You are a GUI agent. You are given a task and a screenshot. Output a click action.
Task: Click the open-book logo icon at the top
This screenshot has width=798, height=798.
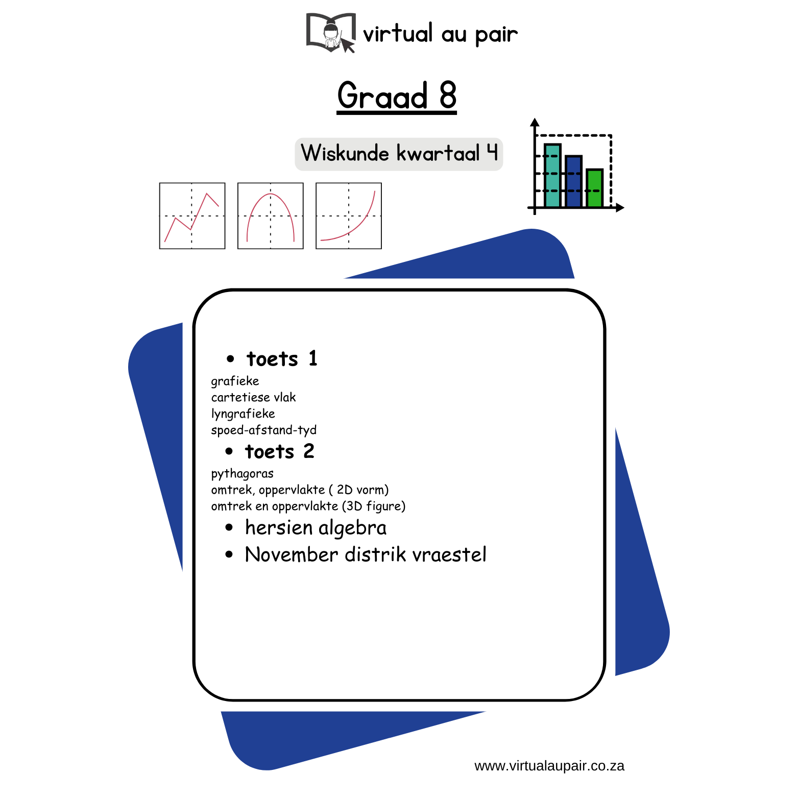331,33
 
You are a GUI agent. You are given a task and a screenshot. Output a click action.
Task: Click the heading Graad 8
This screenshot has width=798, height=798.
397,95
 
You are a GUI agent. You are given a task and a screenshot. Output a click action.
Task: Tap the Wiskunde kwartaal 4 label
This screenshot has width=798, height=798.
399,153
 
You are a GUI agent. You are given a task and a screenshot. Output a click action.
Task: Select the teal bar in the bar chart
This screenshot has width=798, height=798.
552,176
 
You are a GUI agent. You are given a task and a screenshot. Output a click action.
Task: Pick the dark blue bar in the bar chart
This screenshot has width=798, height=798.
573,181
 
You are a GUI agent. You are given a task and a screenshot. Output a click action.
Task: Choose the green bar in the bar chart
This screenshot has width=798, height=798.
594,188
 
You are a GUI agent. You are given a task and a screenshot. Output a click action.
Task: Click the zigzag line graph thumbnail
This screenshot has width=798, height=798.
192,216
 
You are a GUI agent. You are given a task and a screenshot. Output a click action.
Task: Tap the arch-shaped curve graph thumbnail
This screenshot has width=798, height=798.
271,216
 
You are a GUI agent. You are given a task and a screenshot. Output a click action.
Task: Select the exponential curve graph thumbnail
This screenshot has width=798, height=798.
349,216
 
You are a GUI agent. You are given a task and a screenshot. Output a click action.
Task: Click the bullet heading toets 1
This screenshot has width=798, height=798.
282,358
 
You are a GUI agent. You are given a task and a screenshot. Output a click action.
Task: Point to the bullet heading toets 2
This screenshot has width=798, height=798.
280,451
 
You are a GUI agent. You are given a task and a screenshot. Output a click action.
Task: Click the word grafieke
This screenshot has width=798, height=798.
235,381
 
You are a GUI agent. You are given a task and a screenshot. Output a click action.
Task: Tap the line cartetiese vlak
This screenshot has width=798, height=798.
253,397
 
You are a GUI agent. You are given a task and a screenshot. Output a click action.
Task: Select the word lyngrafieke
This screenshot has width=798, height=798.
243,414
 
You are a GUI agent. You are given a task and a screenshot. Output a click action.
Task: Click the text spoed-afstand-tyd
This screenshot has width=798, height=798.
263,430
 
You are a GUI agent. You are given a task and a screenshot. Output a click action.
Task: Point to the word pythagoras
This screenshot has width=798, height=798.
242,474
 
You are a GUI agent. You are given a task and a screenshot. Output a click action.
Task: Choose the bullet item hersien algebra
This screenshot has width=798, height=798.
316,528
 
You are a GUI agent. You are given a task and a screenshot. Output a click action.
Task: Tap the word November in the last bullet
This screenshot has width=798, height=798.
292,554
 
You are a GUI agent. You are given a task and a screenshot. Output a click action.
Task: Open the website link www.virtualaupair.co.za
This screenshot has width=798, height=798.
549,766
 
